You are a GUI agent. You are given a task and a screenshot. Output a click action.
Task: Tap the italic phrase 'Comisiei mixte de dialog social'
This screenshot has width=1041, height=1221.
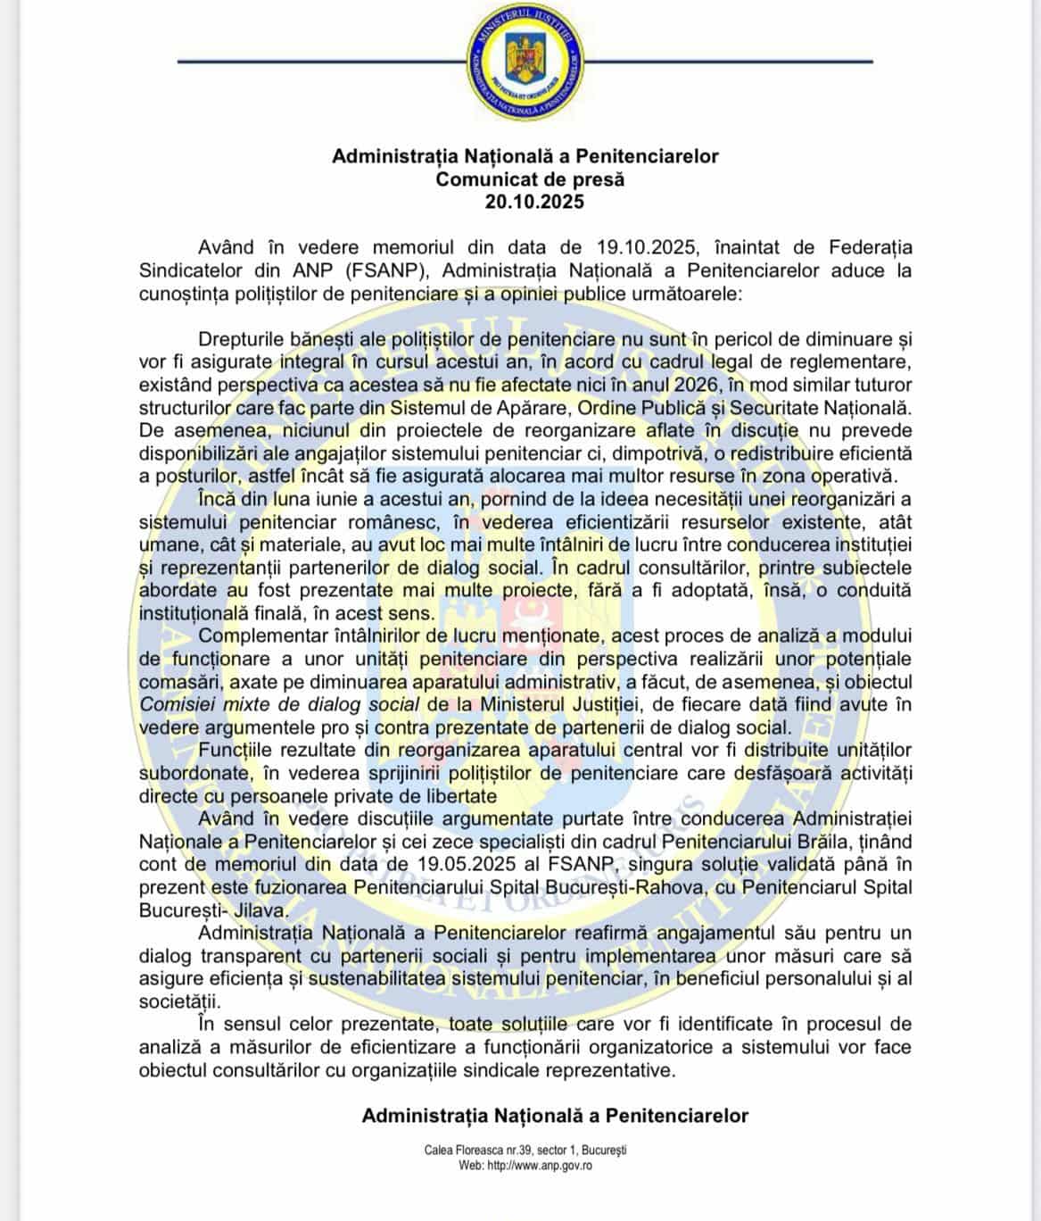point(279,704)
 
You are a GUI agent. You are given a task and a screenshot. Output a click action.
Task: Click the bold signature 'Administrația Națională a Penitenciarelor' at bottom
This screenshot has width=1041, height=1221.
point(555,1116)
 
